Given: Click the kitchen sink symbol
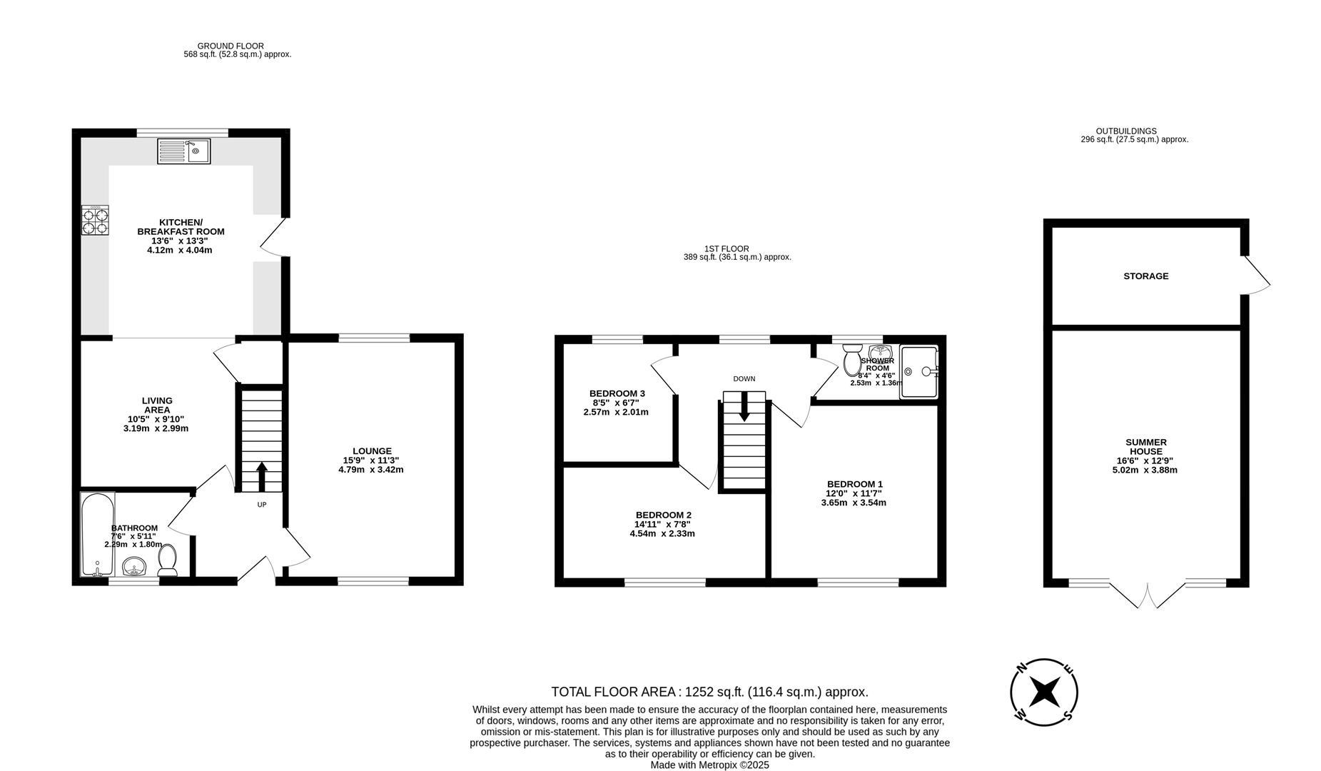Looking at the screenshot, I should coord(184,151).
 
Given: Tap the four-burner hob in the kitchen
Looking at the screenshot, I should coord(96,220).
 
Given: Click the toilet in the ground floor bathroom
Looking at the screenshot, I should coord(168,560).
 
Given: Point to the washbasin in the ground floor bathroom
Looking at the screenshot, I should coord(134,568).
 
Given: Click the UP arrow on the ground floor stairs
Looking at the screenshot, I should coord(261,476).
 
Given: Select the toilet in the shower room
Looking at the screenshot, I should coord(852,360).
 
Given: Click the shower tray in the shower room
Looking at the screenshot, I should coord(919,371).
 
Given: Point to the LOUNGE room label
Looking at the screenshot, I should coord(372,451).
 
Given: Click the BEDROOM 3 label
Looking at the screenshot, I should coord(617,393).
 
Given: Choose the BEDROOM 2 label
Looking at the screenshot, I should coord(663,515).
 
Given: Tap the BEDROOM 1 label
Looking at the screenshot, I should coord(854,484).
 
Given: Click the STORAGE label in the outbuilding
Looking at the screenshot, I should coord(1145,276).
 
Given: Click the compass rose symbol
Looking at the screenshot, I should coord(1043,692).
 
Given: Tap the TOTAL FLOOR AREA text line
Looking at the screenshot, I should coord(709,692).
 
